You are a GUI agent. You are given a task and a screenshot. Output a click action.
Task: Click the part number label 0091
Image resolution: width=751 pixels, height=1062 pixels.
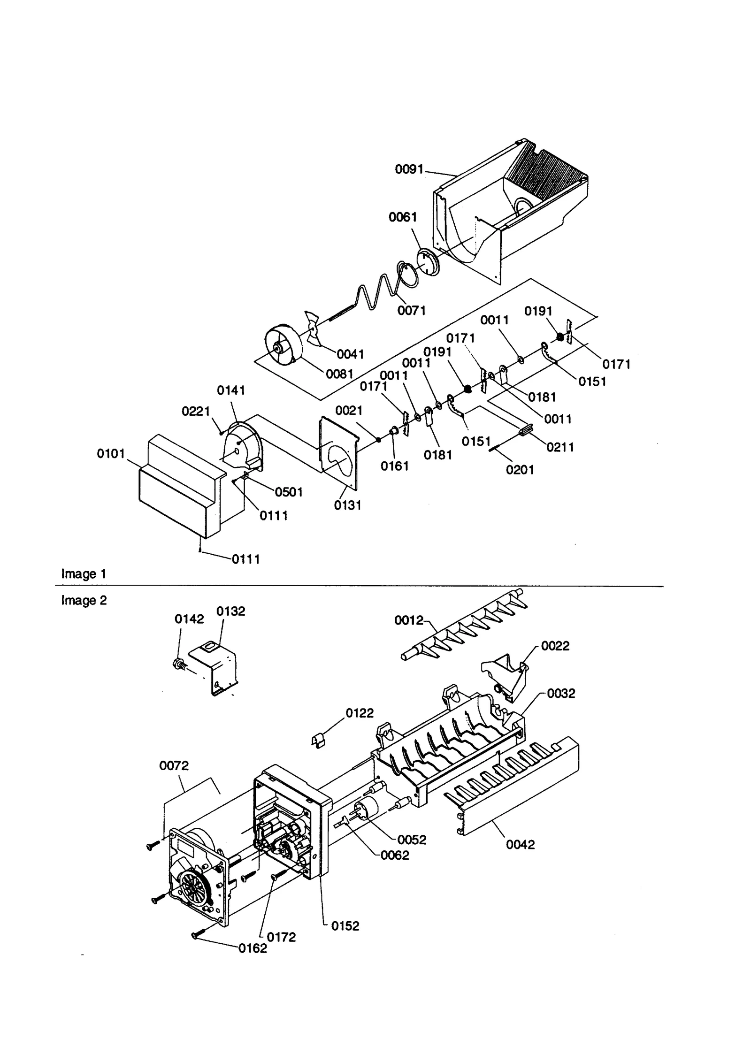click(409, 169)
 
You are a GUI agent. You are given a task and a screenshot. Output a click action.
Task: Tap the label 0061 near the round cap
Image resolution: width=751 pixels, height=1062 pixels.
click(402, 217)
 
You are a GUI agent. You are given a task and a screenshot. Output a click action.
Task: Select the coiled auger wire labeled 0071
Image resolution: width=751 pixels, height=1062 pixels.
click(375, 291)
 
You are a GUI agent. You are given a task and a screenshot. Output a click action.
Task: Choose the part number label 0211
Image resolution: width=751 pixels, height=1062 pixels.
click(560, 447)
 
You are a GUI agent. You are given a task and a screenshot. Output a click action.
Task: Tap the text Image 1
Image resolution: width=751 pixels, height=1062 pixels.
click(84, 574)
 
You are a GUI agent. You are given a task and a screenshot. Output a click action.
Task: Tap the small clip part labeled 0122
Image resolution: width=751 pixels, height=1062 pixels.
click(319, 741)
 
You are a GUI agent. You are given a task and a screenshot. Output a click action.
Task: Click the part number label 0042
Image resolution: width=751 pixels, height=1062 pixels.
click(520, 844)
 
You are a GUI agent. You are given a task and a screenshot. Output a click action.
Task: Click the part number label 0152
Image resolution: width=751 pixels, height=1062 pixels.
click(345, 926)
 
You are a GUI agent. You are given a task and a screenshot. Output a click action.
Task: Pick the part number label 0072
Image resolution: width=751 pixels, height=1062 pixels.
click(174, 766)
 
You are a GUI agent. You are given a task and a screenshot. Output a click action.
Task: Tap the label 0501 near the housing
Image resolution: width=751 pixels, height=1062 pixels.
click(288, 492)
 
